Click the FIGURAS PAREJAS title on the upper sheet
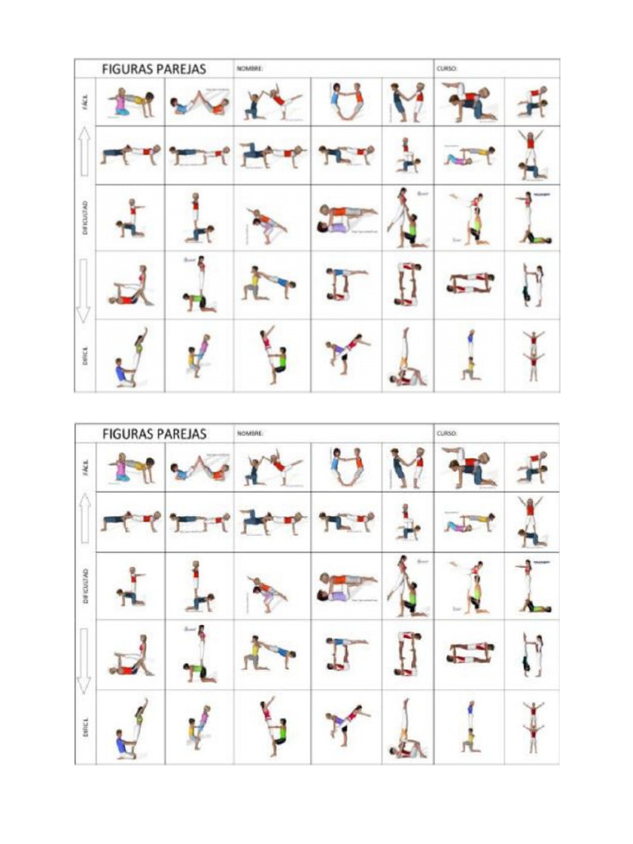(x=153, y=69)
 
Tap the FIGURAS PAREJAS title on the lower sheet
(x=153, y=434)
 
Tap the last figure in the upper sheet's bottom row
(x=532, y=355)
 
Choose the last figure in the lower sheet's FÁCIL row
(x=532, y=467)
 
